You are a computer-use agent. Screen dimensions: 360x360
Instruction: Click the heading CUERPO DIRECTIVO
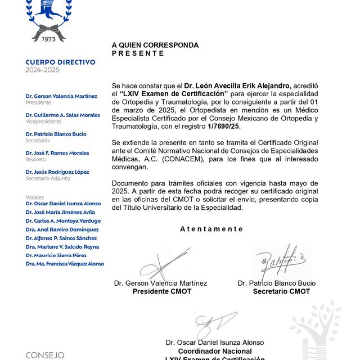(x=60, y=62)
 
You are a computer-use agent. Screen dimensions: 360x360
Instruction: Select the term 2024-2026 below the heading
(x=42, y=70)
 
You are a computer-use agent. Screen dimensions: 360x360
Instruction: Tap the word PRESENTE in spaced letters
(x=138, y=53)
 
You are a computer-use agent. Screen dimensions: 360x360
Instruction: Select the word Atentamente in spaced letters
(x=211, y=229)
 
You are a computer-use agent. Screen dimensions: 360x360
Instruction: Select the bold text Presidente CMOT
(x=161, y=291)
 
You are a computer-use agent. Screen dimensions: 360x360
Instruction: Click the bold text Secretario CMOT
(x=281, y=291)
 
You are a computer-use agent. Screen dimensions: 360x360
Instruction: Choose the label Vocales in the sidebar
(x=35, y=197)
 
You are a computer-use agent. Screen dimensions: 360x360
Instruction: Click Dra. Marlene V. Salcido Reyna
(x=62, y=246)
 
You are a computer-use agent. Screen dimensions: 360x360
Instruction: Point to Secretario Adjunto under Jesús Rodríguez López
(x=48, y=178)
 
